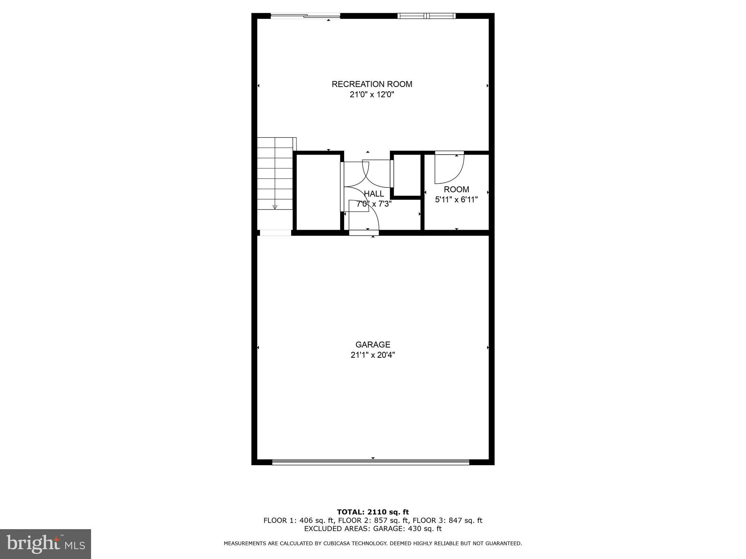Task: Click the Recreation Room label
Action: pos(372,84)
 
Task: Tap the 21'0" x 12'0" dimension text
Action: pos(372,95)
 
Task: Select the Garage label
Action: pos(373,344)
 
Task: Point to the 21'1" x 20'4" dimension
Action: pos(373,355)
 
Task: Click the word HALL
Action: pos(374,194)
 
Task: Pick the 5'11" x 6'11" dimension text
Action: pos(456,199)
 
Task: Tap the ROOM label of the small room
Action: pos(456,189)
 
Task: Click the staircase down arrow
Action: pos(275,206)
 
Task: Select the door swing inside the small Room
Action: pos(449,169)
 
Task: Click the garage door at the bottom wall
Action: pos(371,462)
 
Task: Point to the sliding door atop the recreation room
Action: pos(305,16)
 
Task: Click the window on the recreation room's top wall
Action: pos(426,16)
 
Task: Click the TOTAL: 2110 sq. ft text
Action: pos(373,512)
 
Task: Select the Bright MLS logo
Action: pos(45,544)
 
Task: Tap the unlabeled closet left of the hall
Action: pos(318,192)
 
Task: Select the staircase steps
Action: pos(275,173)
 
